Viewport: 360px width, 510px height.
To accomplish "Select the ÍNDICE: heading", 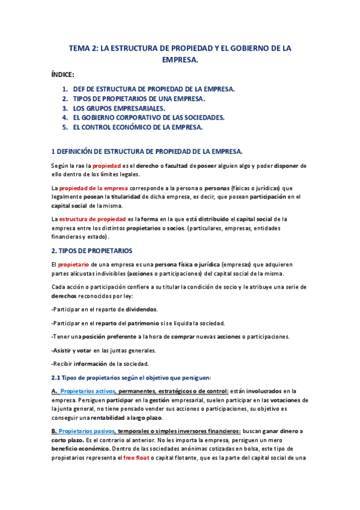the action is coord(63,75).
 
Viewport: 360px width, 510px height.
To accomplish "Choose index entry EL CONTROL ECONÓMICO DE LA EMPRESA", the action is coord(138,127).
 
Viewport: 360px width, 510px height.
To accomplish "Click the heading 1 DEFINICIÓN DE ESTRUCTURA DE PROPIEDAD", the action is coord(147,151).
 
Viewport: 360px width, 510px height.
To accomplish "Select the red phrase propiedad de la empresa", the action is coord(93,188).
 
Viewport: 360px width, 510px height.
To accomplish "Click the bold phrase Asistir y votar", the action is coord(71,350).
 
